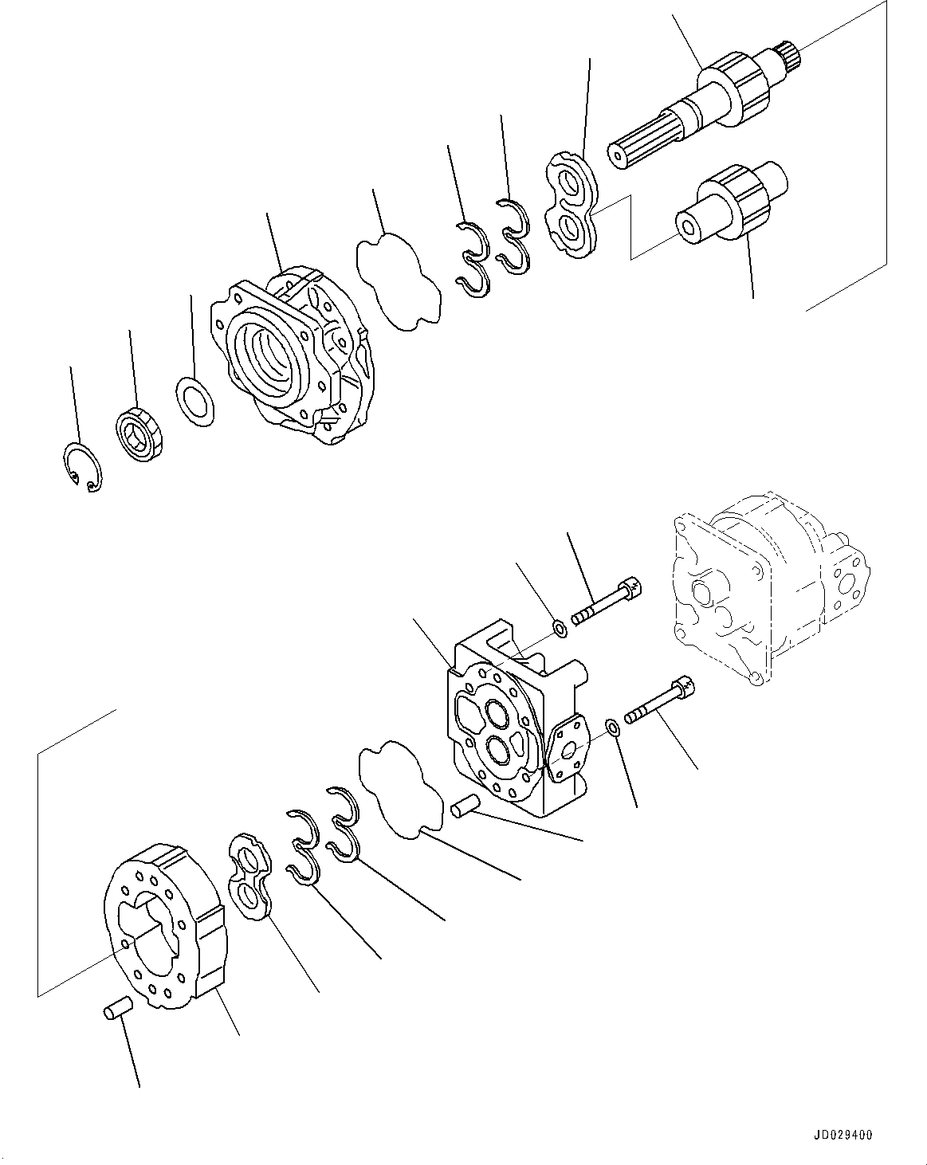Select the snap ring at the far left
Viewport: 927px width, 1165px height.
tap(82, 467)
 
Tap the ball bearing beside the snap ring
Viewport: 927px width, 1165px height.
tap(143, 433)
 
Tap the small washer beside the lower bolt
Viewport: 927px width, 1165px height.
tap(613, 728)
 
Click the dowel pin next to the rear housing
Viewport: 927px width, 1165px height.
tap(462, 809)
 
